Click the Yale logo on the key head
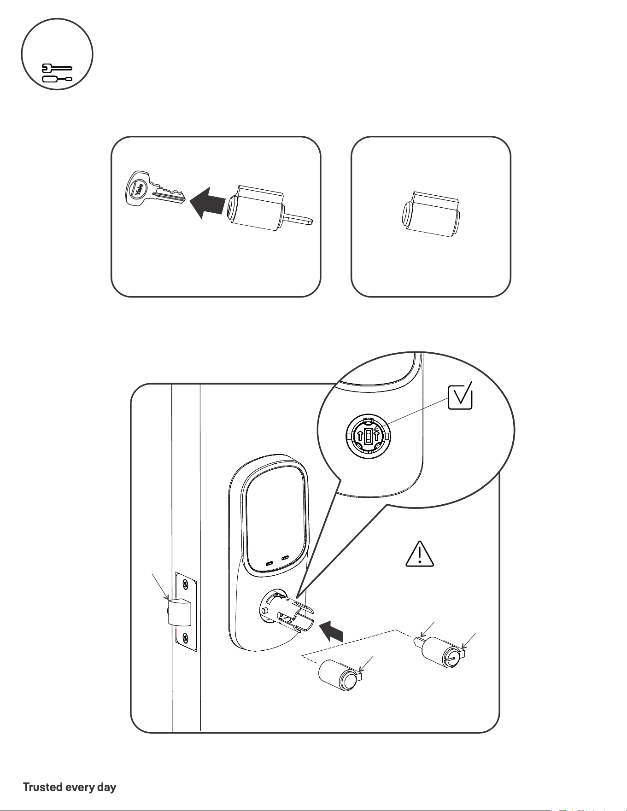pyautogui.click(x=140, y=188)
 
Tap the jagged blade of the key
pyautogui.click(x=169, y=194)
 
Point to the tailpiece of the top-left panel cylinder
pyautogui.click(x=299, y=219)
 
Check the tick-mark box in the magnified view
pyautogui.click(x=460, y=397)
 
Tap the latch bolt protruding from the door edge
pyautogui.click(x=179, y=611)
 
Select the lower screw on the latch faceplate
pyautogui.click(x=186, y=638)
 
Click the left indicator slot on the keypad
pyautogui.click(x=270, y=563)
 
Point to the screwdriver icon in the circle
pyautogui.click(x=57, y=79)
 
